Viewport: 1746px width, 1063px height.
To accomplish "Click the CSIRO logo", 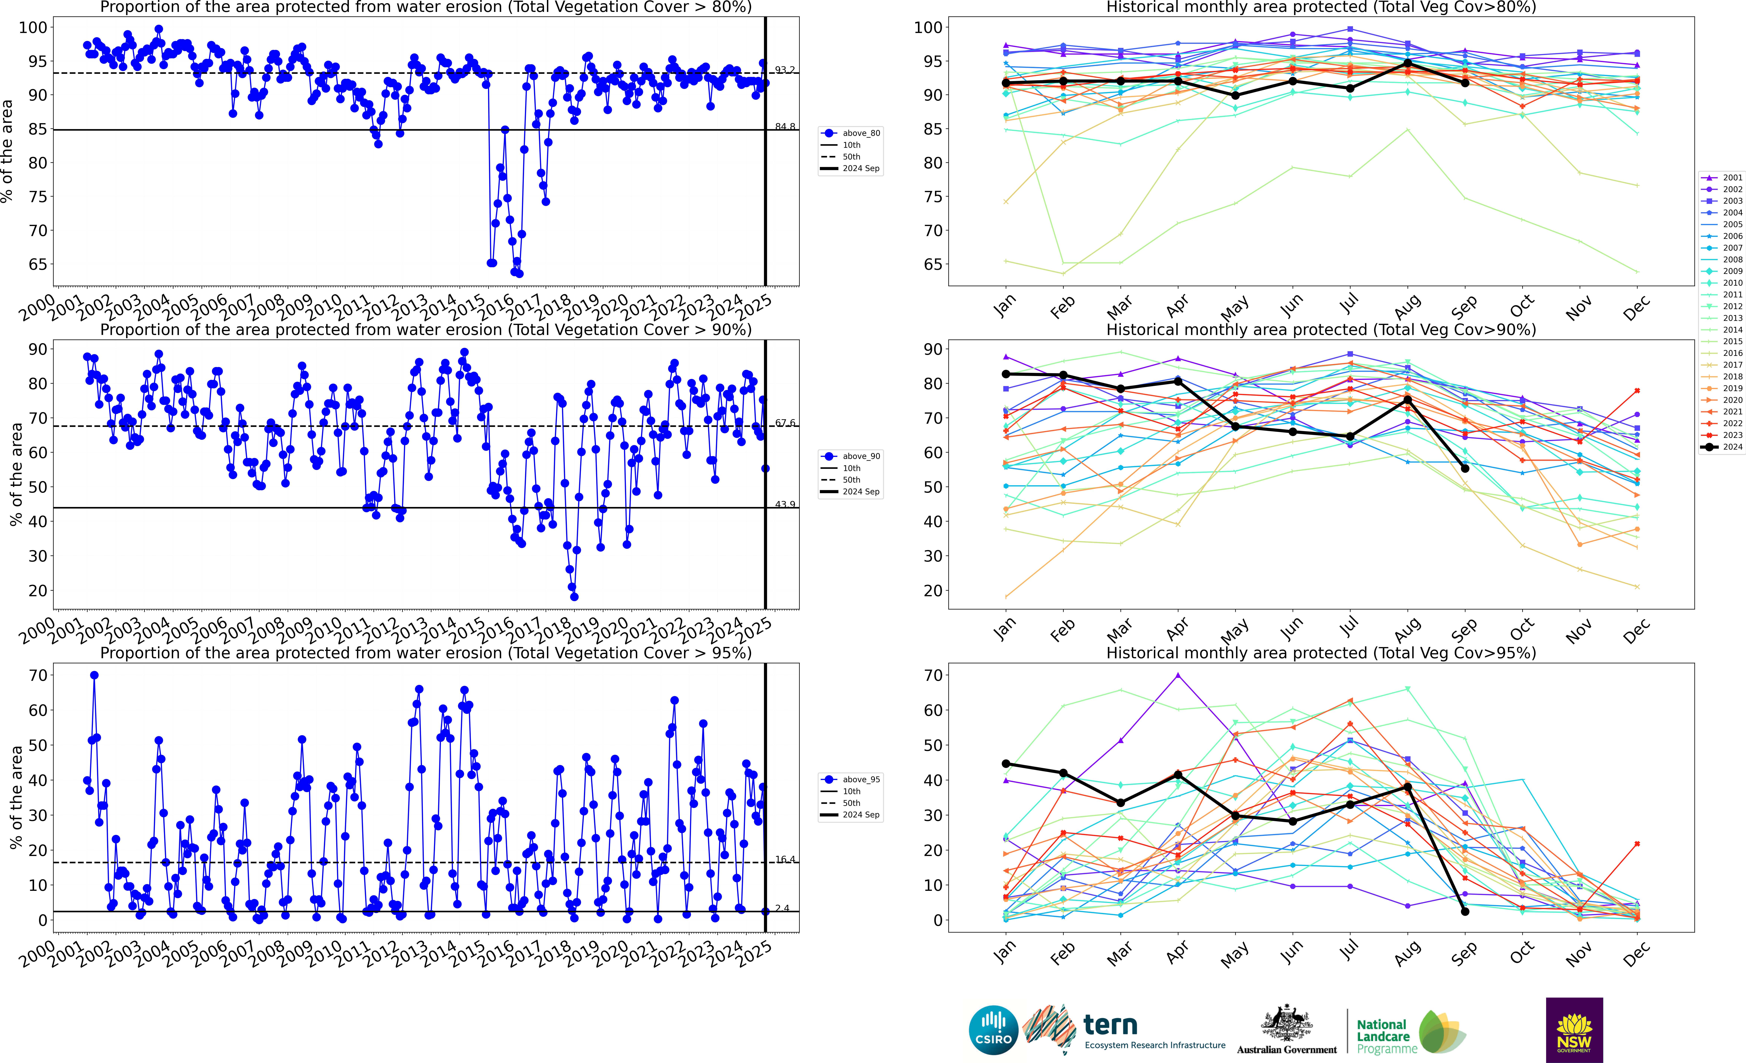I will coord(993,1030).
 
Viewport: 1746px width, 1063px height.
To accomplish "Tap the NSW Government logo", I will coord(1574,1030).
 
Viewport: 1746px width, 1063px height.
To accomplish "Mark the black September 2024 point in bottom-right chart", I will coord(1465,911).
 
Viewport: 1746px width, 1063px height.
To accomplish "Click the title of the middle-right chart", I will coord(1321,330).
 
